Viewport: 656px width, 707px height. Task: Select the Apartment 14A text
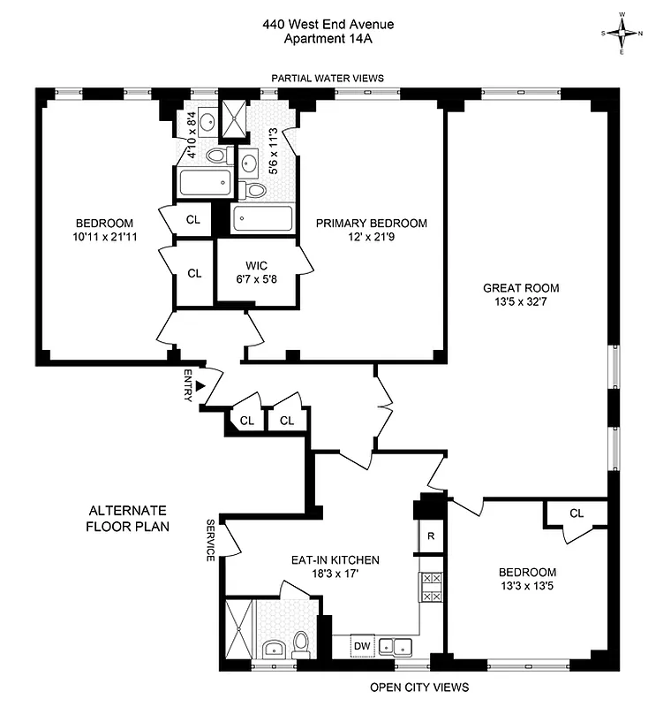click(328, 39)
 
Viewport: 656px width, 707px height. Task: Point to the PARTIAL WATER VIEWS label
click(328, 78)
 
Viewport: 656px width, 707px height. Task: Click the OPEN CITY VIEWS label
click(418, 687)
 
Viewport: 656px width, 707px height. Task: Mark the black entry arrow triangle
click(200, 386)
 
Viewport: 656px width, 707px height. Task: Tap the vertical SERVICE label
click(211, 540)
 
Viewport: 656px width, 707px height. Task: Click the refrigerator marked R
click(430, 536)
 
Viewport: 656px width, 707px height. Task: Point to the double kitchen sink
click(396, 647)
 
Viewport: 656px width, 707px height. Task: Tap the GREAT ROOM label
click(520, 288)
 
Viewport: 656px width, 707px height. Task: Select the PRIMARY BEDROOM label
click(372, 224)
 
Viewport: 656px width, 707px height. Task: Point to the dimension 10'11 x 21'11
click(104, 237)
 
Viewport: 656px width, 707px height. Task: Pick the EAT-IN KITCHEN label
click(336, 560)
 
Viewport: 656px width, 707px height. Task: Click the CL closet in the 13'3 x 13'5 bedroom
click(577, 513)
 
